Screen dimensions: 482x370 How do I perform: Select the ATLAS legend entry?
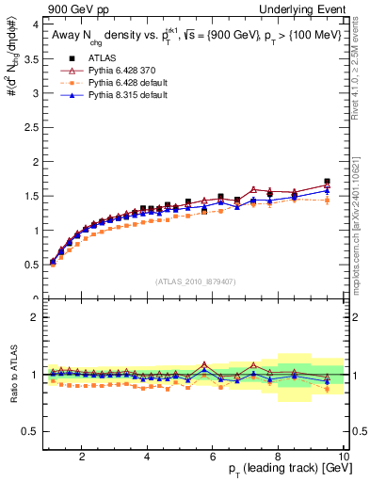tap(109, 58)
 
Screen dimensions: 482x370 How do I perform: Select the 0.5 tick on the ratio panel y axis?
tap(30, 431)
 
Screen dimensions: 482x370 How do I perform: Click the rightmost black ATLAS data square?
tap(327, 182)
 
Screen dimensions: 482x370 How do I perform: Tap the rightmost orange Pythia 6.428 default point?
tap(327, 200)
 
